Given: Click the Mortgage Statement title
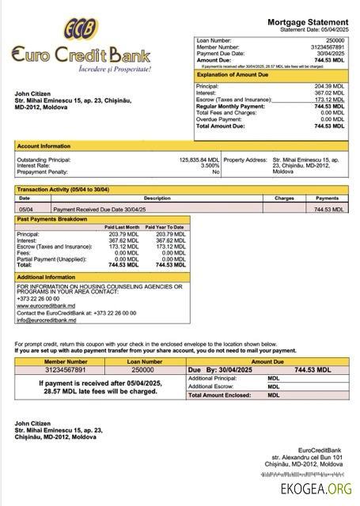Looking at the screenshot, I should pyautogui.click(x=306, y=23).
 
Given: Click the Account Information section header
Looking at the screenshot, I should pyautogui.click(x=43, y=146).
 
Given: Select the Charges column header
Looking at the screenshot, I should pyautogui.click(x=284, y=198).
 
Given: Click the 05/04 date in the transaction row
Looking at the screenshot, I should pyautogui.click(x=25, y=210).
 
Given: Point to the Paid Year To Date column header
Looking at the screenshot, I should pyautogui.click(x=167, y=228).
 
